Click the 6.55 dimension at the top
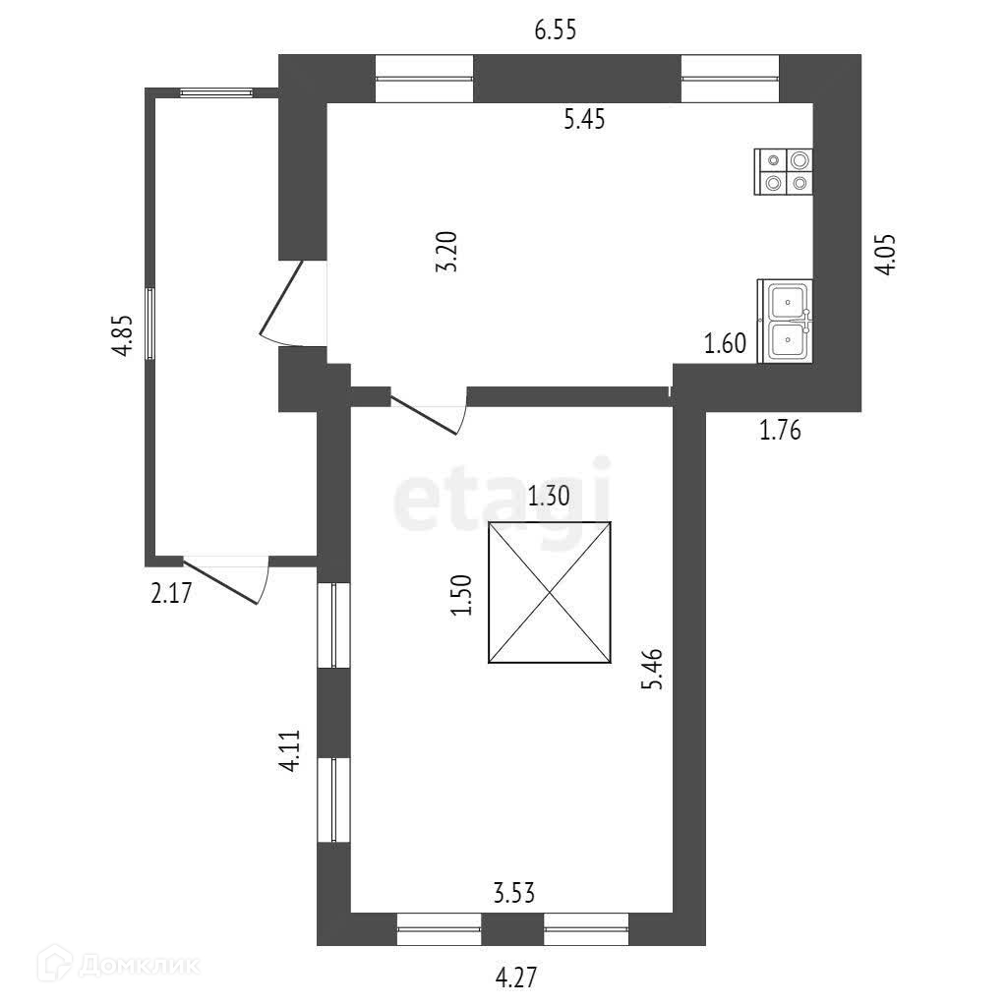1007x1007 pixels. (555, 30)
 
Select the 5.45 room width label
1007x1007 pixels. (583, 120)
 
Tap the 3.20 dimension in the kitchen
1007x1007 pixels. (447, 254)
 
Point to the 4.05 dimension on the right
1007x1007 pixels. (886, 254)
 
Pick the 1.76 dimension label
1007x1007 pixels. (781, 430)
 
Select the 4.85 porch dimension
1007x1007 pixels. (121, 339)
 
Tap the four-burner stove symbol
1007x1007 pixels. (784, 171)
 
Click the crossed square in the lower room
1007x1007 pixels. (550, 592)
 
